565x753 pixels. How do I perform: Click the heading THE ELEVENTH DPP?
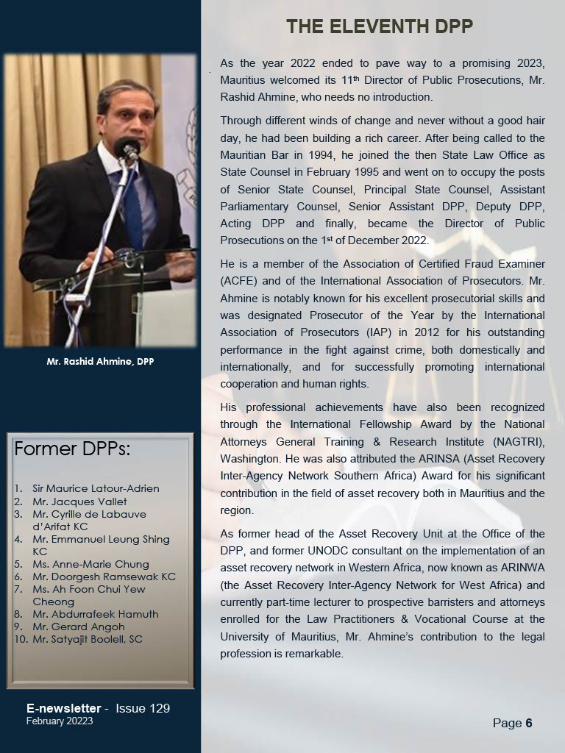[x=379, y=28]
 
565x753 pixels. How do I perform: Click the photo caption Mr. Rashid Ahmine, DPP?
[x=100, y=361]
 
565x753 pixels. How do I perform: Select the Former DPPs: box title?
[x=72, y=449]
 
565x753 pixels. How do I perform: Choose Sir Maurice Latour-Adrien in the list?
[x=96, y=488]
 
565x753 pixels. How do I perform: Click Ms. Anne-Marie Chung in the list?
[x=90, y=564]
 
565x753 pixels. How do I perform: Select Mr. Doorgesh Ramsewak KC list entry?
[x=104, y=577]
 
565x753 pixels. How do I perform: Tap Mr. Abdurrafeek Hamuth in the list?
[x=95, y=614]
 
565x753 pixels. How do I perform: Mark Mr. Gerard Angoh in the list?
[x=78, y=627]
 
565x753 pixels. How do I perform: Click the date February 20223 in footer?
[x=60, y=721]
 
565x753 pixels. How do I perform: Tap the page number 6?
[x=528, y=724]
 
